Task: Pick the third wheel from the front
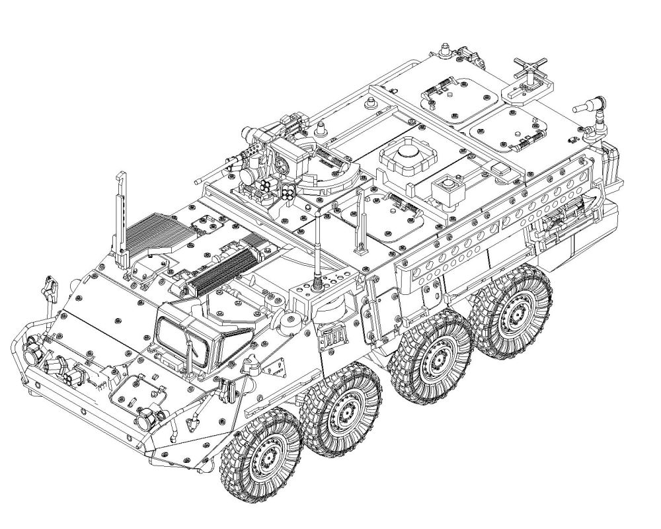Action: point(431,355)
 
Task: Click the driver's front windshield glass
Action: point(181,336)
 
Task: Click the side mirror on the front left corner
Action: point(48,286)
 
